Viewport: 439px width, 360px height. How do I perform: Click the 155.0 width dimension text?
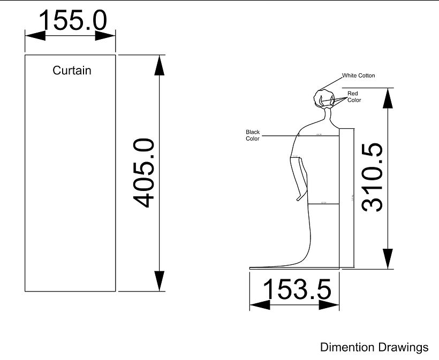tap(73, 20)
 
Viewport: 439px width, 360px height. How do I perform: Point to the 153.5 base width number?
tap(297, 289)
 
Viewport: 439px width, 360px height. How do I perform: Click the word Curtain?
tap(72, 70)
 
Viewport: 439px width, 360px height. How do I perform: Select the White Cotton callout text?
tap(359, 75)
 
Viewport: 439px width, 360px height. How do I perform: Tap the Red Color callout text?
tap(354, 97)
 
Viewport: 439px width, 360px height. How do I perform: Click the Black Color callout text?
tap(253, 135)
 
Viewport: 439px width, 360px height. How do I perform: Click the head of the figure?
tap(324, 99)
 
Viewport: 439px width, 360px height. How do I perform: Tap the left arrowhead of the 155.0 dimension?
tap(32, 35)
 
